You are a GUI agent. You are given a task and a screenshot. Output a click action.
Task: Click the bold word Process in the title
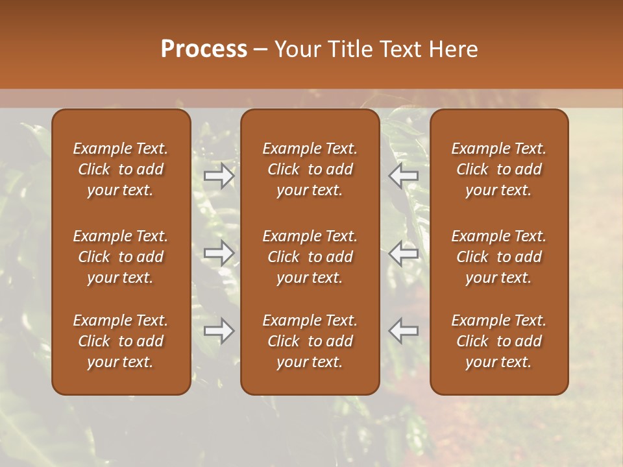pyautogui.click(x=204, y=49)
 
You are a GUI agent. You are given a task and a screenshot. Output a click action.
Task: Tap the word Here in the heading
pyautogui.click(x=453, y=49)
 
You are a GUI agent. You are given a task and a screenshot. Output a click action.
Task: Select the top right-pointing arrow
pyautogui.click(x=219, y=176)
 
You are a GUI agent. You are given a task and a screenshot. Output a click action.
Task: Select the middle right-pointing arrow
pyautogui.click(x=219, y=254)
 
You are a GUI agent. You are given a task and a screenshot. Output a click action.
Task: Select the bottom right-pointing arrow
pyautogui.click(x=219, y=331)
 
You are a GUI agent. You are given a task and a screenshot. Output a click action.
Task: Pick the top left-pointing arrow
pyautogui.click(x=404, y=176)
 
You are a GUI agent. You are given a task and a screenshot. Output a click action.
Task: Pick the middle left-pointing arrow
pyautogui.click(x=404, y=254)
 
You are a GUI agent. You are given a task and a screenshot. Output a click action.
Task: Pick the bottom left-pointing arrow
pyautogui.click(x=404, y=331)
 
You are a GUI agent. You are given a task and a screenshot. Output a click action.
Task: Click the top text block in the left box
pyautogui.click(x=121, y=169)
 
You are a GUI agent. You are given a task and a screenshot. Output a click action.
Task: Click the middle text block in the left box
pyautogui.click(x=121, y=257)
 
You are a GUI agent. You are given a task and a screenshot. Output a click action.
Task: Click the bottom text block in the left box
pyautogui.click(x=121, y=341)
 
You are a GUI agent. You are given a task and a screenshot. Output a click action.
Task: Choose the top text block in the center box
pyautogui.click(x=310, y=169)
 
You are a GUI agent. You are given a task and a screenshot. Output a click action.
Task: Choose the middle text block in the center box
pyautogui.click(x=310, y=257)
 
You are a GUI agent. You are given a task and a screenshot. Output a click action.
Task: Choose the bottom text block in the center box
pyautogui.click(x=310, y=341)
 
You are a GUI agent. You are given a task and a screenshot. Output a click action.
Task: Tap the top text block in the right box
pyautogui.click(x=499, y=169)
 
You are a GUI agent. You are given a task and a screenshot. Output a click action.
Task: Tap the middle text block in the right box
pyautogui.click(x=499, y=257)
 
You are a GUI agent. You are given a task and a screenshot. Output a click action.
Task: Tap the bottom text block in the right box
pyautogui.click(x=499, y=341)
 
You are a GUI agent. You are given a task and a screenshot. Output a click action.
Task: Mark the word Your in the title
pyautogui.click(x=295, y=49)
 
